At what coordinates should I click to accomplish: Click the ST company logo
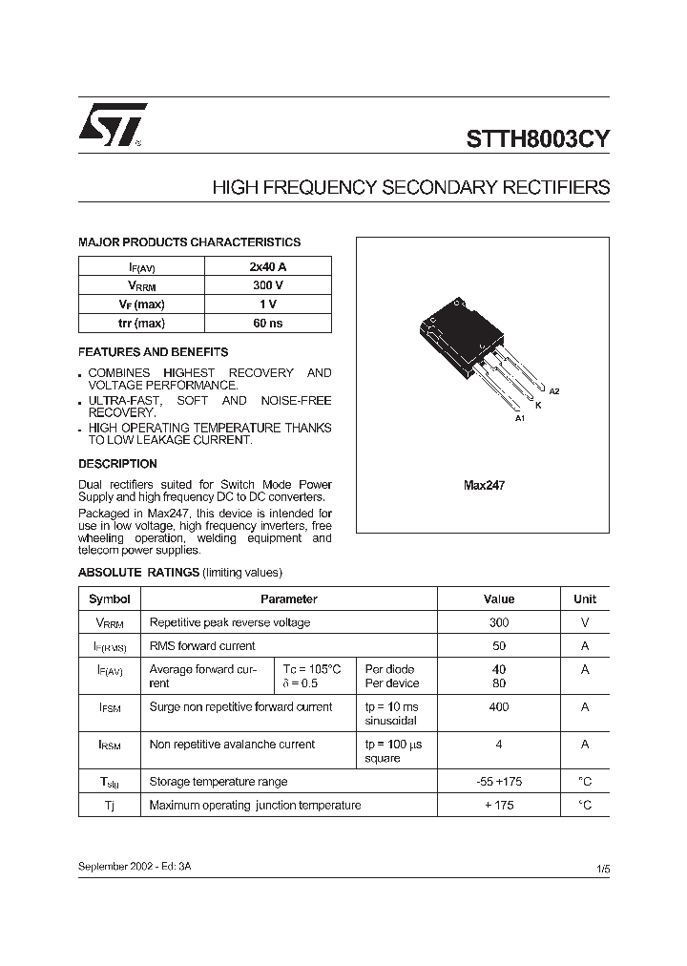click(x=112, y=125)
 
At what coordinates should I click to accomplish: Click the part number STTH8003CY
click(x=538, y=137)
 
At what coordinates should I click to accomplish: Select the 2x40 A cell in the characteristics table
click(x=267, y=267)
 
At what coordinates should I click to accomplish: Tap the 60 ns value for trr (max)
click(x=267, y=323)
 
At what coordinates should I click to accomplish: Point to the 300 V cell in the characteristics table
click(x=267, y=285)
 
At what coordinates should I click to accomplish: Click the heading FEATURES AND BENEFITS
click(x=153, y=351)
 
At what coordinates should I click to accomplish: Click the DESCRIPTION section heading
click(x=117, y=464)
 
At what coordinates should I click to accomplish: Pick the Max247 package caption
click(x=484, y=486)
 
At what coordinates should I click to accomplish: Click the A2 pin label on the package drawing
click(x=554, y=392)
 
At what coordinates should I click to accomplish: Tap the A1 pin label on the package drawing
click(x=520, y=419)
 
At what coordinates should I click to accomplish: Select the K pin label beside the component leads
click(x=538, y=406)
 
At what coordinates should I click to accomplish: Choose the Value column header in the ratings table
click(x=499, y=599)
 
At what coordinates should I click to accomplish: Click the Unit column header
click(x=585, y=599)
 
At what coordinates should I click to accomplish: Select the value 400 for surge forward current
click(x=499, y=707)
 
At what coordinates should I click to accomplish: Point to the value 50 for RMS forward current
click(x=499, y=646)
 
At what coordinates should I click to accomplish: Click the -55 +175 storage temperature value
click(x=499, y=782)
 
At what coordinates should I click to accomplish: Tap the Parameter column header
click(x=288, y=599)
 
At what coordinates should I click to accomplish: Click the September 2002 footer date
click(x=140, y=865)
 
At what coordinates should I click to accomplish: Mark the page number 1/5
click(x=602, y=869)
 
